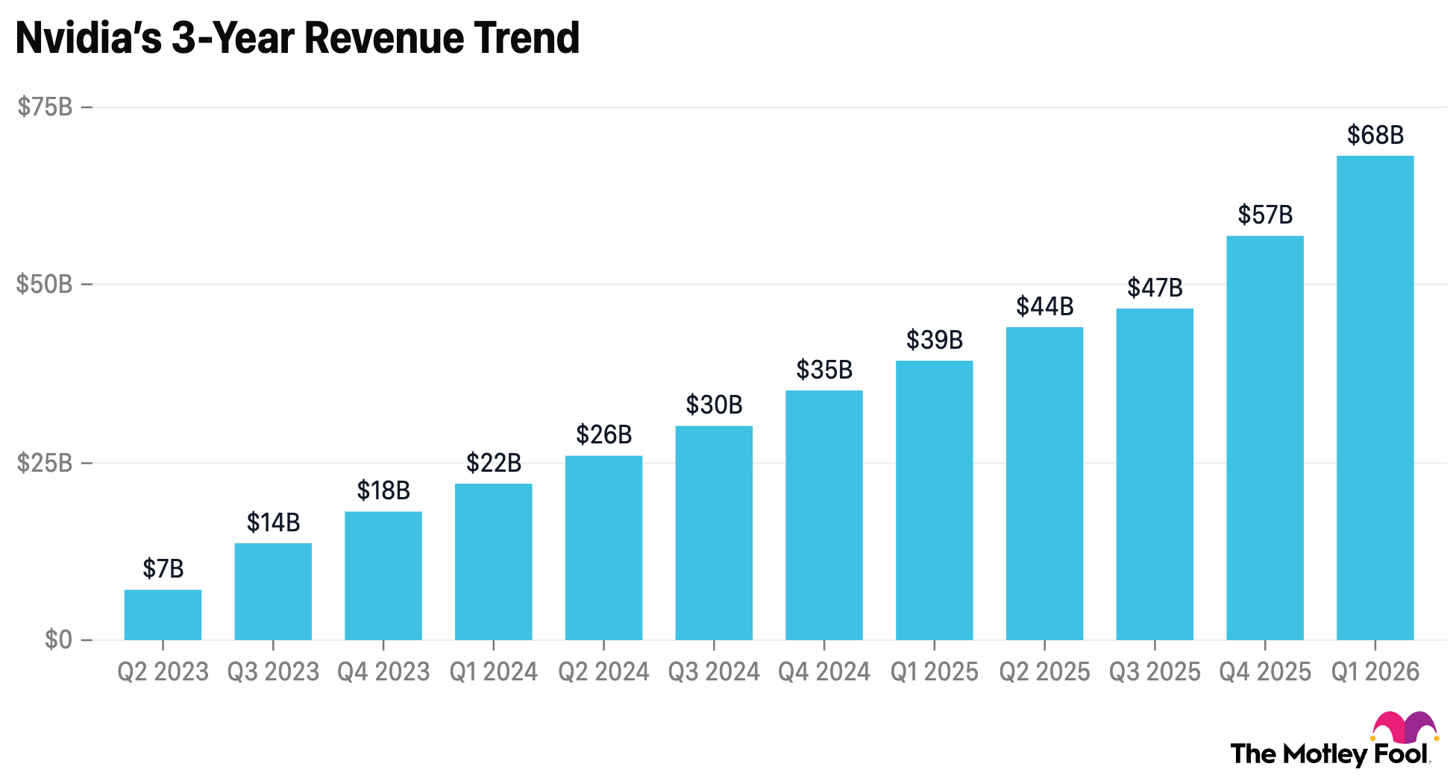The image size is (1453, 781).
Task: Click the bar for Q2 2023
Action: tap(163, 615)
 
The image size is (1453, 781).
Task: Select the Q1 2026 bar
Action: tap(1375, 398)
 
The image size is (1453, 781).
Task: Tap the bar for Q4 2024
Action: tap(824, 515)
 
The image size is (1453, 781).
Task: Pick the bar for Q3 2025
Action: tap(1155, 474)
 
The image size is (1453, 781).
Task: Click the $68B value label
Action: tap(1375, 135)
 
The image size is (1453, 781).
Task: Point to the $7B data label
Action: tap(163, 569)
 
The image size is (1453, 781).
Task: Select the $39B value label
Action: tap(935, 340)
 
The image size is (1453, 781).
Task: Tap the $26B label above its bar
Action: tap(603, 434)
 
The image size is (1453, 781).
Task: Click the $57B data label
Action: tap(1265, 215)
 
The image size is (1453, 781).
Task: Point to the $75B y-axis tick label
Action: tap(45, 107)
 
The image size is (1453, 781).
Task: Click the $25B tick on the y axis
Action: tap(45, 463)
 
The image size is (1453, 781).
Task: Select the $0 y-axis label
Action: tap(58, 639)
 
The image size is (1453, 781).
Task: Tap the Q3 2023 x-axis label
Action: tap(273, 672)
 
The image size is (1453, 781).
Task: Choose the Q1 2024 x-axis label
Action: tap(493, 672)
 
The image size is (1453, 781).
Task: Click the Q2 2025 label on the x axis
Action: tap(1044, 672)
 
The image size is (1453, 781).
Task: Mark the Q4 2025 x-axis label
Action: tap(1265, 672)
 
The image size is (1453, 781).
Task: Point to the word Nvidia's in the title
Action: tap(88, 38)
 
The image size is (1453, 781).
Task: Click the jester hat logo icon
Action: tap(1405, 727)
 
